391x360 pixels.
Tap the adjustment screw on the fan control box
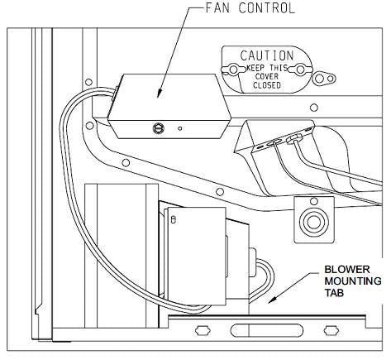[x=156, y=127]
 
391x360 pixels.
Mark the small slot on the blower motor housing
[x=174, y=219]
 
